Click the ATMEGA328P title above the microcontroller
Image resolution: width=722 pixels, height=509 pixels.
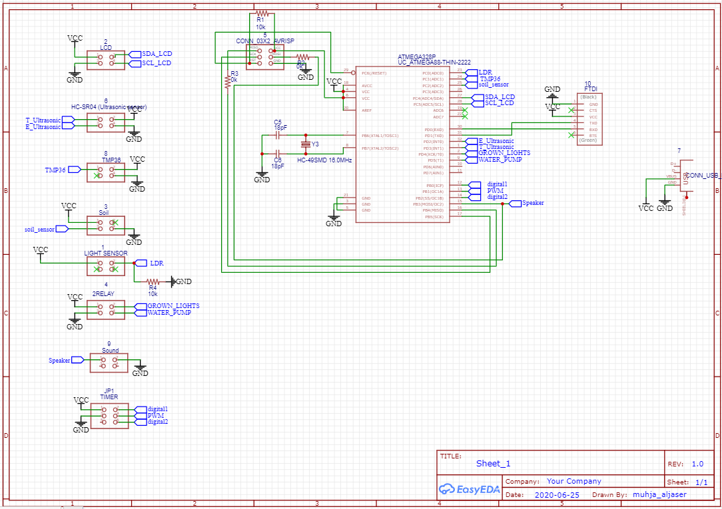pyautogui.click(x=417, y=57)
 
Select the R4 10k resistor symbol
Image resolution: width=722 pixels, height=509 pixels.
pyautogui.click(x=153, y=281)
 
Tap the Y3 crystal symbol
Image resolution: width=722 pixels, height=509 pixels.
pyautogui.click(x=306, y=144)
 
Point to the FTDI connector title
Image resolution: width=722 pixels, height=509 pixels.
pyautogui.click(x=591, y=88)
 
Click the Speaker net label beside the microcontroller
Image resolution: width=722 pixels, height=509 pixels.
pyautogui.click(x=533, y=203)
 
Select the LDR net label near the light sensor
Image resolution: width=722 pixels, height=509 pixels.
pyautogui.click(x=156, y=263)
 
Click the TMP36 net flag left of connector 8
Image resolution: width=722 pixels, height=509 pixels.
pyautogui.click(x=57, y=170)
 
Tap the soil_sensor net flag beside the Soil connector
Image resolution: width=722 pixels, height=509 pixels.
pyautogui.click(x=39, y=229)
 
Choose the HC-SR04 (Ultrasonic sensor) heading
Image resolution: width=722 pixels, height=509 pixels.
pyautogui.click(x=109, y=106)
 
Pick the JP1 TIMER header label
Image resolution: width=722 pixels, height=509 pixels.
pyautogui.click(x=109, y=394)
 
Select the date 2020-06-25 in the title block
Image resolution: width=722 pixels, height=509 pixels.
pyautogui.click(x=557, y=495)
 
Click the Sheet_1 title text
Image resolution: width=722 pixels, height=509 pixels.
pyautogui.click(x=493, y=464)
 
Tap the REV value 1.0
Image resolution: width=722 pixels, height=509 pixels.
pyautogui.click(x=697, y=464)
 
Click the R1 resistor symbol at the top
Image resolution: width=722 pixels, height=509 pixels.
pyautogui.click(x=262, y=13)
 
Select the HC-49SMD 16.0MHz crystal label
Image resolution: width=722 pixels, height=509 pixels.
pyautogui.click(x=324, y=160)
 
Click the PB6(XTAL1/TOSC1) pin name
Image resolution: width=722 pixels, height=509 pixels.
pyautogui.click(x=380, y=135)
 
